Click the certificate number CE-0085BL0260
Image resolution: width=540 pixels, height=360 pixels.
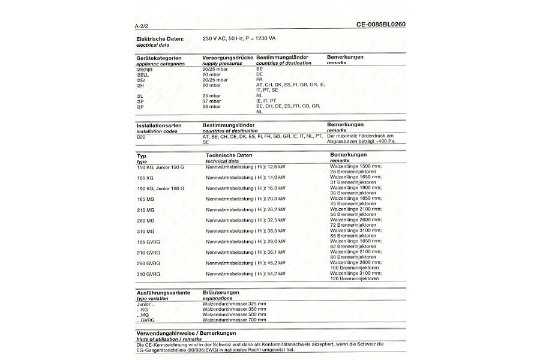coord(385,25)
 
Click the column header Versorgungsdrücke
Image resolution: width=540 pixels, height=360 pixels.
coord(228,57)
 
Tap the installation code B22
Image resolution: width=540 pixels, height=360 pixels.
coord(142,137)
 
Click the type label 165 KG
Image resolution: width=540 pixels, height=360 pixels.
coord(146,178)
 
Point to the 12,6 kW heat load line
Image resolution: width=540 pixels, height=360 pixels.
coord(245,166)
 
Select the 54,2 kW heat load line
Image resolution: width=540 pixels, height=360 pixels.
coord(245,274)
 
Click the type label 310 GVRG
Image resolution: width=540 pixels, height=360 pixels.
coord(149,274)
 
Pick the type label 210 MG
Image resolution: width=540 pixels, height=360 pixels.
coord(146,210)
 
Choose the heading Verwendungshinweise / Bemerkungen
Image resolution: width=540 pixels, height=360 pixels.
coord(186,333)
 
